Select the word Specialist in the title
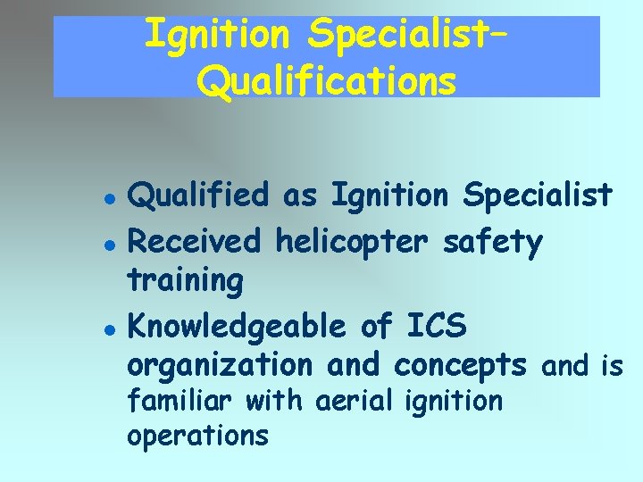pos(408,36)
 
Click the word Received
pos(195,241)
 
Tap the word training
pos(186,280)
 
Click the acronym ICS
pos(436,327)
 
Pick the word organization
pos(220,366)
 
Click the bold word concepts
pos(460,366)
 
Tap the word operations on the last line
pos(197,436)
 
